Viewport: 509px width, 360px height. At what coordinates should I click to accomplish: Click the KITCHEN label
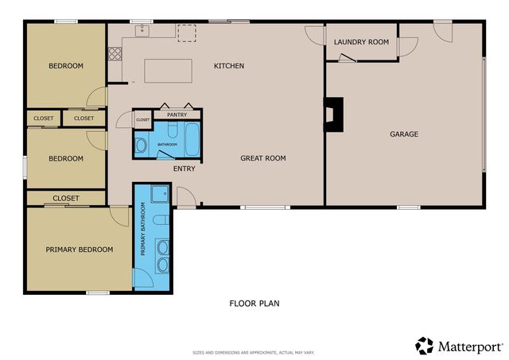[x=229, y=66]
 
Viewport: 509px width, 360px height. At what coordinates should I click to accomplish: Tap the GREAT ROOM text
[x=263, y=159]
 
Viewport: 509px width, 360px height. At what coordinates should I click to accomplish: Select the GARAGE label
[x=404, y=134]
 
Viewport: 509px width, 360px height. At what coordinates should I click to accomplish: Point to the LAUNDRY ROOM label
[x=361, y=42]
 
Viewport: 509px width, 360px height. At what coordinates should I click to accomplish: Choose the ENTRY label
[x=184, y=168]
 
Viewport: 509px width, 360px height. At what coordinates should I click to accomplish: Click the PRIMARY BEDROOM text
[x=79, y=250]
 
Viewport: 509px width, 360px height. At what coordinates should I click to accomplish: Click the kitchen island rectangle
[x=168, y=70]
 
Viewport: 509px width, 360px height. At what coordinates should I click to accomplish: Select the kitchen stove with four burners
[x=115, y=54]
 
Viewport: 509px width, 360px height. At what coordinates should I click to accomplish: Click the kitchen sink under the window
[x=144, y=31]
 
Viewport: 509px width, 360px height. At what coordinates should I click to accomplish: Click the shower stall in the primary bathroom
[x=158, y=194]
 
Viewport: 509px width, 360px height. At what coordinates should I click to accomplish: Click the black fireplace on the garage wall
[x=333, y=114]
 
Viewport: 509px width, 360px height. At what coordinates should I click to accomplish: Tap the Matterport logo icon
[x=425, y=345]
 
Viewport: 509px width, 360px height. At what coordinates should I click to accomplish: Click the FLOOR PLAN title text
[x=254, y=303]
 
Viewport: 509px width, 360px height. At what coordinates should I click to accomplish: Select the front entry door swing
[x=185, y=196]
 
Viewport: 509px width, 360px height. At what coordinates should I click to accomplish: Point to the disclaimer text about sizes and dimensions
[x=254, y=352]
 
